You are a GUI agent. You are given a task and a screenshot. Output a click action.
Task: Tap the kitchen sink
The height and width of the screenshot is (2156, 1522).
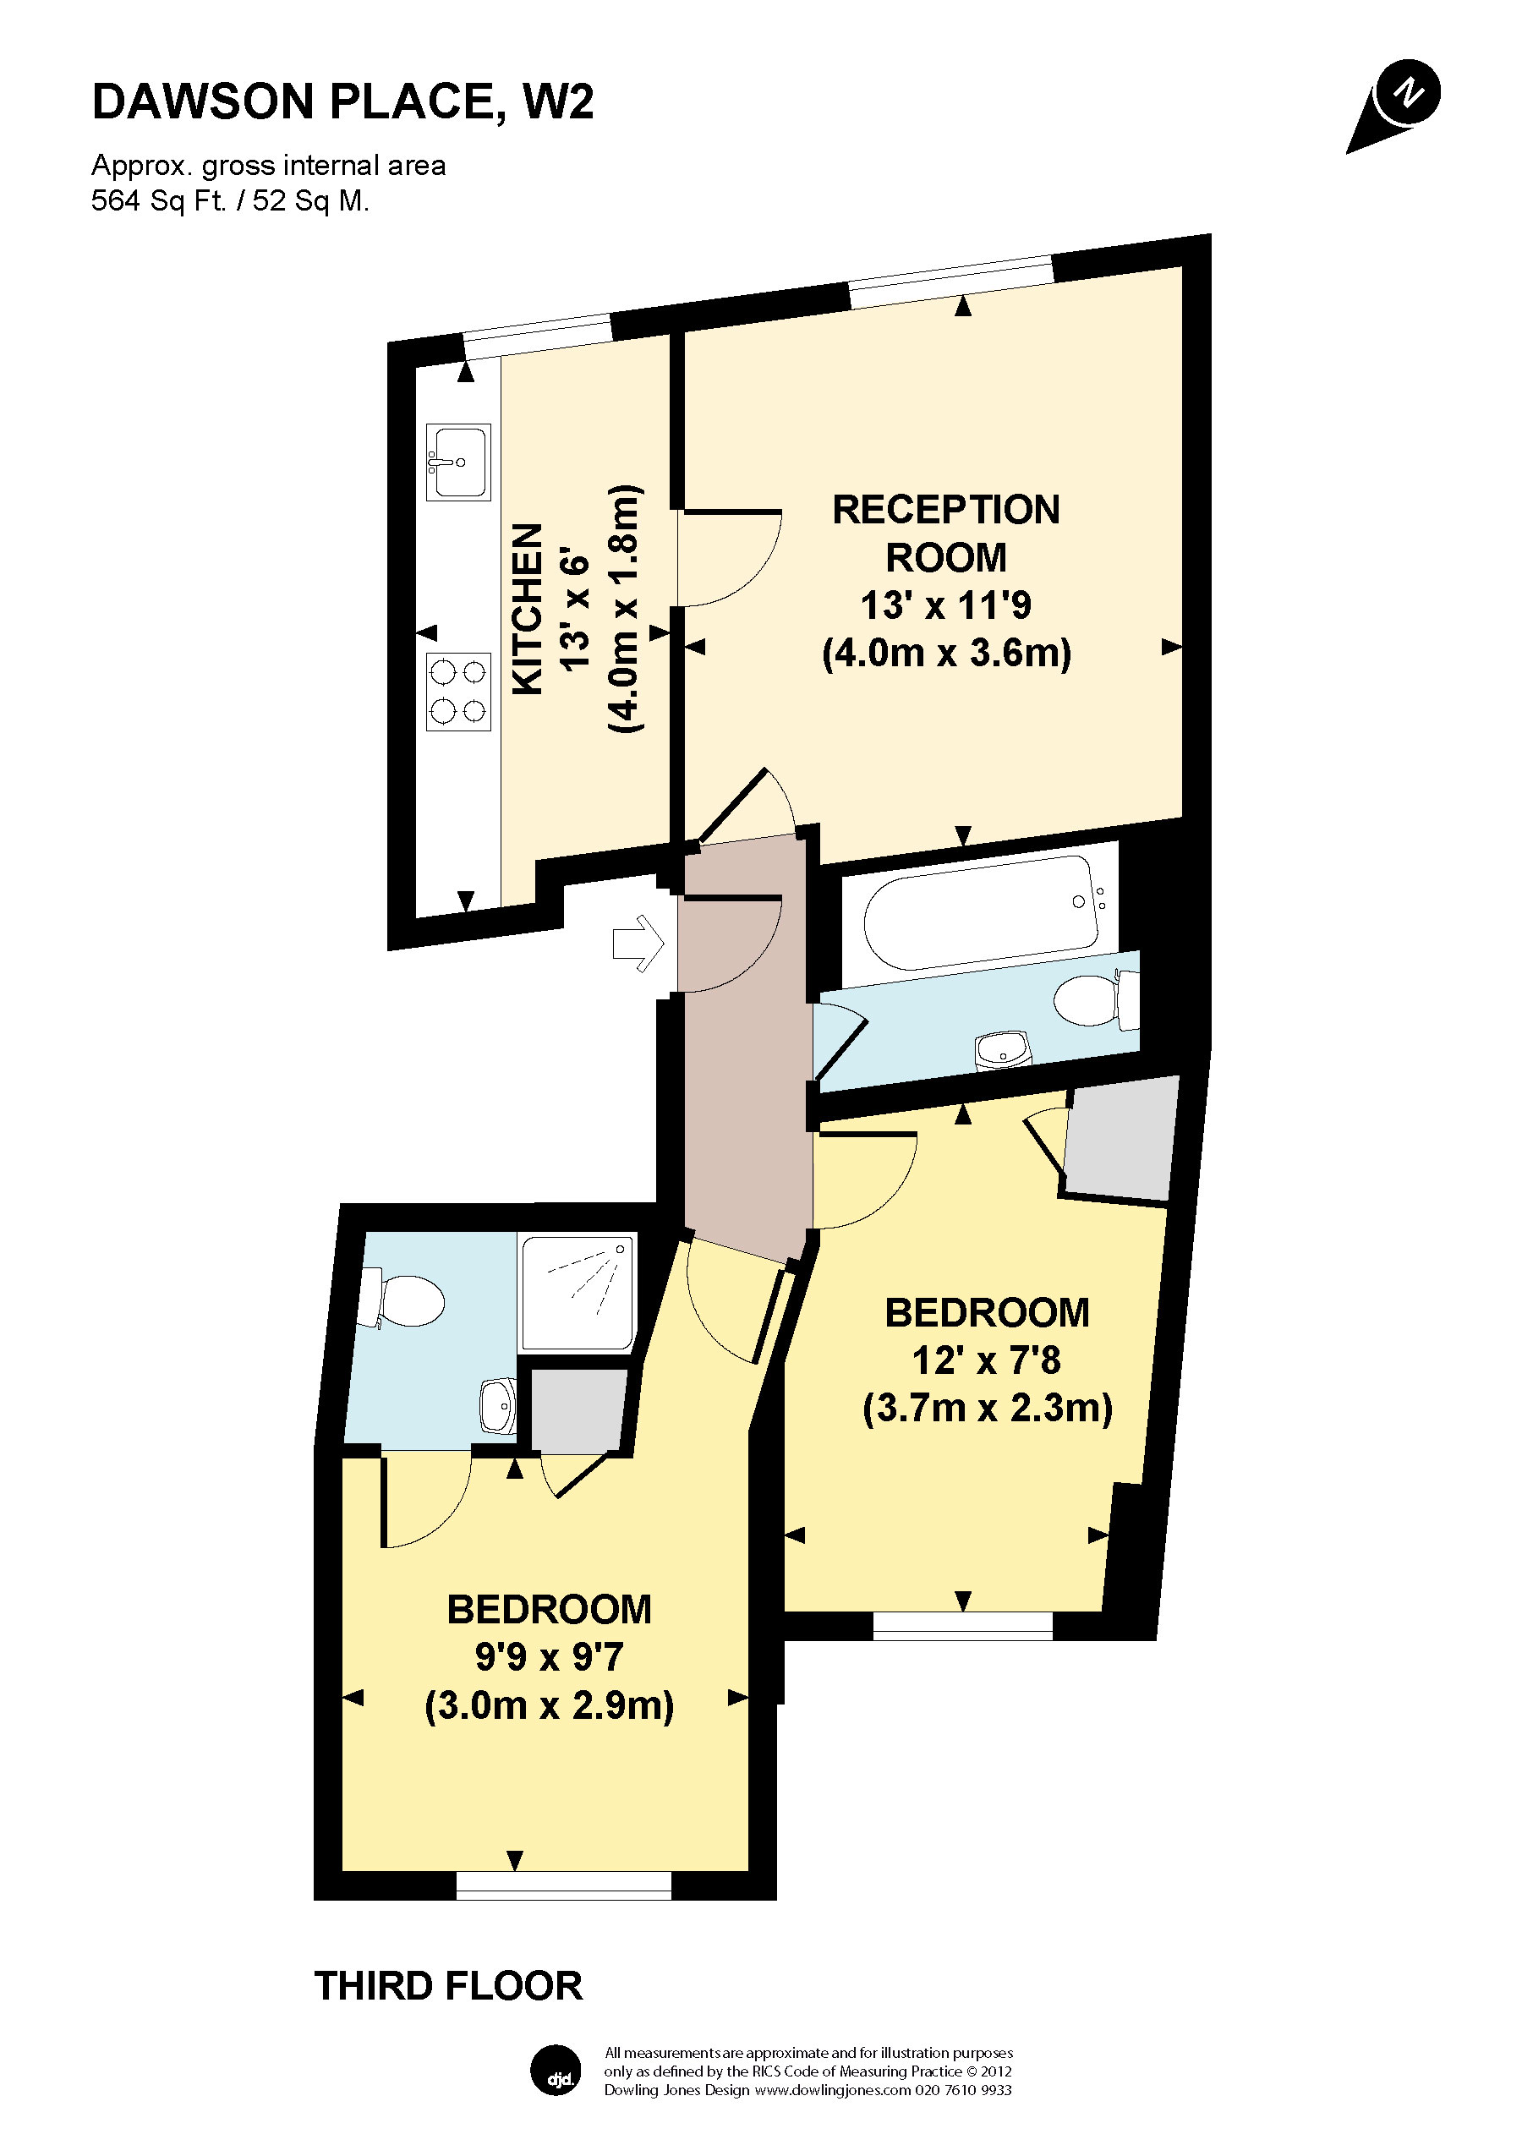tap(458, 462)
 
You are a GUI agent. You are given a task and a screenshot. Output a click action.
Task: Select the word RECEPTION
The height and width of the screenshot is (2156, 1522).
tap(945, 510)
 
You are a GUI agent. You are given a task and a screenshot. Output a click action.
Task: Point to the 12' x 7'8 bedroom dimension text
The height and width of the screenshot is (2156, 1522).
tap(986, 1360)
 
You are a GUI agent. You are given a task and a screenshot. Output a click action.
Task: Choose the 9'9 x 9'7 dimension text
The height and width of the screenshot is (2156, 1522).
tap(550, 1657)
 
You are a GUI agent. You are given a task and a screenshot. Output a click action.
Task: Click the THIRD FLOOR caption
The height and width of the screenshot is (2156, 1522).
tap(448, 1987)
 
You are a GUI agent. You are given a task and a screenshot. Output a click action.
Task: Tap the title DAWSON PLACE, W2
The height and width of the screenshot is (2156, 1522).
tap(342, 101)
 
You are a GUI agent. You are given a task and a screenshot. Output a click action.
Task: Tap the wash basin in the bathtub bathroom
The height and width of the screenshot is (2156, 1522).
tap(1003, 1050)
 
